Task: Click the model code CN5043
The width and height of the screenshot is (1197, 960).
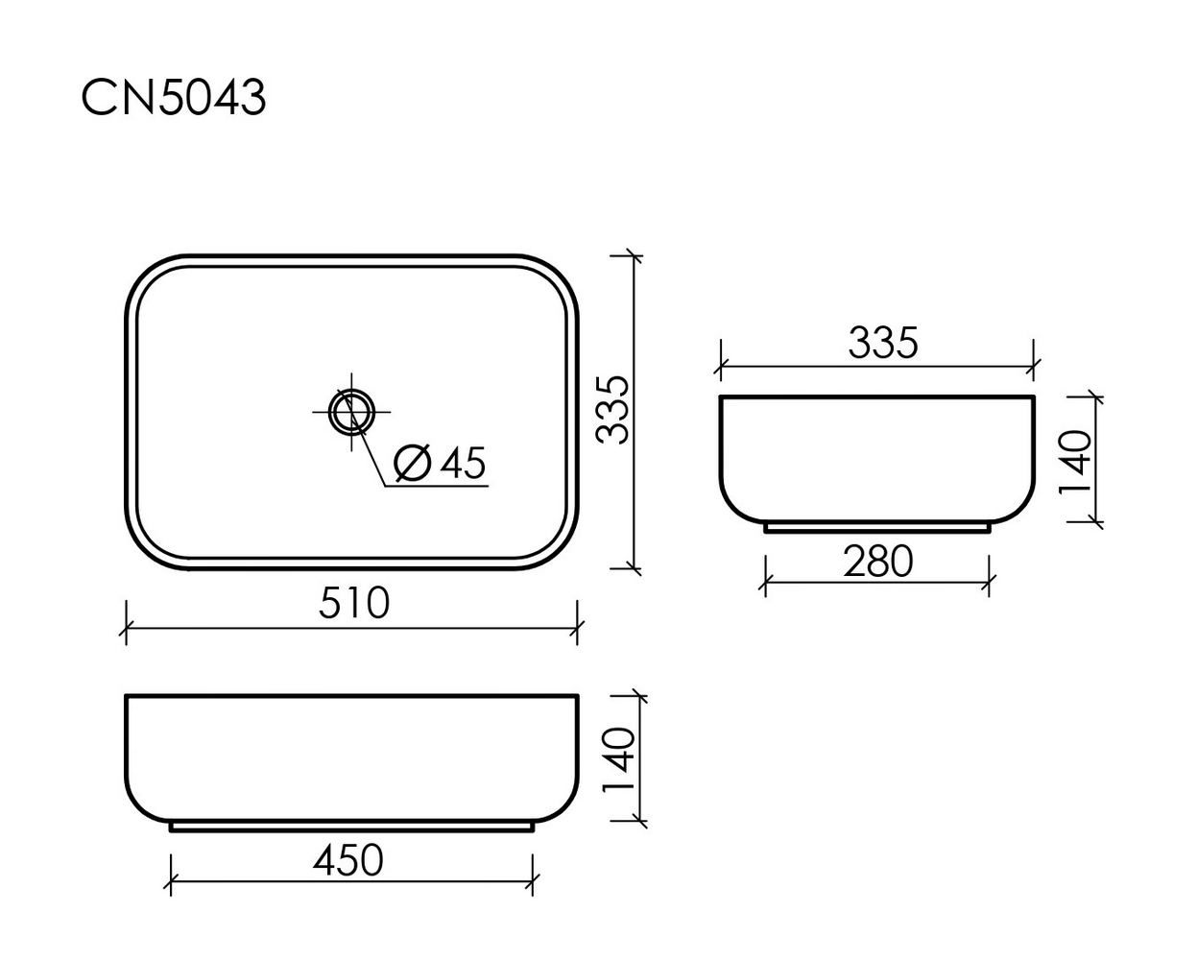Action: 173,97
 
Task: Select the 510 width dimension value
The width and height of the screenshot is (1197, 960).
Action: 353,603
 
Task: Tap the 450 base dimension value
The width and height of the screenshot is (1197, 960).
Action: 347,860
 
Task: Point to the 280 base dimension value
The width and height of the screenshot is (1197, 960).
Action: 877,561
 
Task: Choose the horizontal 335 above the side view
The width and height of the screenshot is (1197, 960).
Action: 883,343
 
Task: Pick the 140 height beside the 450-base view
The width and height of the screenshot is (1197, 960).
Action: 619,758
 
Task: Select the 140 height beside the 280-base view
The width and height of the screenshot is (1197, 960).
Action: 1075,461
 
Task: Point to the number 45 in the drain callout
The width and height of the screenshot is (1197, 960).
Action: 464,464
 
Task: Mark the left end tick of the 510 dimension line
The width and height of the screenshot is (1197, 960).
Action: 126,630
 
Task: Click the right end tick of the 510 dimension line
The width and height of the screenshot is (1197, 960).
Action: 577,630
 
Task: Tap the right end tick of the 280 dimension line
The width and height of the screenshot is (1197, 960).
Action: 989,582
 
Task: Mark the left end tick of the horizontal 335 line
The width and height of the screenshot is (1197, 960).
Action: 721,366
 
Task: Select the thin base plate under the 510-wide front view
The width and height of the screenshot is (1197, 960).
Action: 350,826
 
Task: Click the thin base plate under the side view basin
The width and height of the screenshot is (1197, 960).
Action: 876,527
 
